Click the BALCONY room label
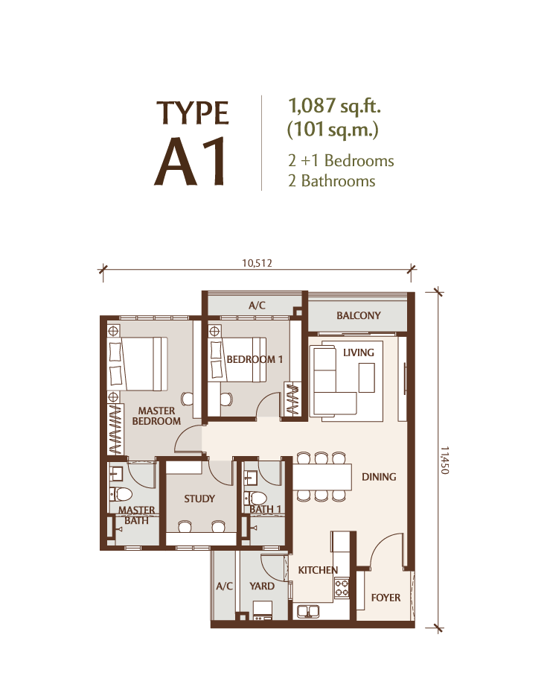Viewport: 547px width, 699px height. (x=358, y=316)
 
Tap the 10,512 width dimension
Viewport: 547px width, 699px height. (x=257, y=263)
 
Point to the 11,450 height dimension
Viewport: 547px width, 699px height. (x=444, y=460)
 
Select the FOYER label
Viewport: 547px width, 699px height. (x=386, y=598)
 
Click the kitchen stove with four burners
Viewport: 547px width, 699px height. (x=342, y=587)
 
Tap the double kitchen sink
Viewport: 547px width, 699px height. (x=308, y=611)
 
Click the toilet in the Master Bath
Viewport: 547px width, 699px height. (x=121, y=494)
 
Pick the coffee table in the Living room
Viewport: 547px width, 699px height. (x=367, y=378)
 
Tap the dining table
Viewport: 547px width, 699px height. (x=322, y=478)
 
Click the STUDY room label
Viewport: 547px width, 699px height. (x=199, y=499)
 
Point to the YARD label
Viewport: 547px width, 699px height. (x=262, y=586)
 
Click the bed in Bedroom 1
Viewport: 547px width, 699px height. (x=238, y=359)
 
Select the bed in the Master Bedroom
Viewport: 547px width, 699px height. (x=138, y=364)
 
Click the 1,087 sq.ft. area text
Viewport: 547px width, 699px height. (x=334, y=106)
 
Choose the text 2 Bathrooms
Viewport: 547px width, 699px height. (x=332, y=181)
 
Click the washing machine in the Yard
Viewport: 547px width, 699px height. (x=263, y=611)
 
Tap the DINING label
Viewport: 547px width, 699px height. (x=379, y=477)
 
